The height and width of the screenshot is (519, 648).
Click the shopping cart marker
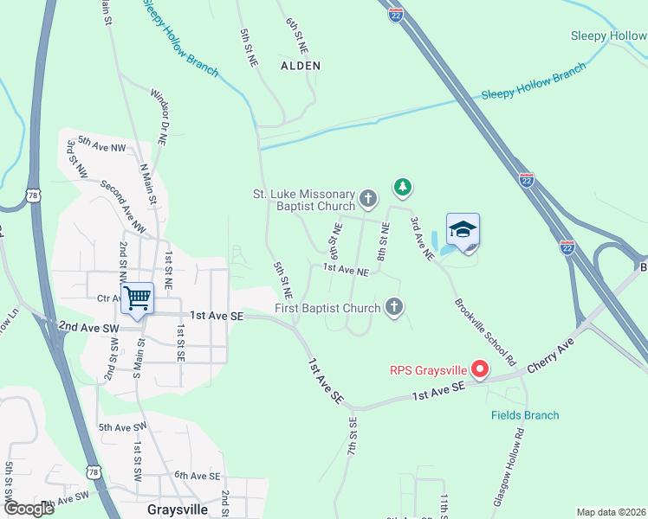(x=138, y=299)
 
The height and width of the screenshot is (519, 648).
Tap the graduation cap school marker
(x=463, y=230)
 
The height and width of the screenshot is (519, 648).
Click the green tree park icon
(x=402, y=186)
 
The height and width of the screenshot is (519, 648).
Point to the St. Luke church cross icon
(x=368, y=200)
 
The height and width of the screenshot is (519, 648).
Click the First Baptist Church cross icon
(x=393, y=307)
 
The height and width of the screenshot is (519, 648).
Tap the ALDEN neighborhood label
(x=301, y=66)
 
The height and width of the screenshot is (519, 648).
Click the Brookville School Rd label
(x=485, y=332)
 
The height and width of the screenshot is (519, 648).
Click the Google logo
(x=28, y=509)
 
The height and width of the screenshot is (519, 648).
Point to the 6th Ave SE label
(x=198, y=475)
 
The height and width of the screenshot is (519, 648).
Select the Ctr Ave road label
(x=107, y=298)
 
